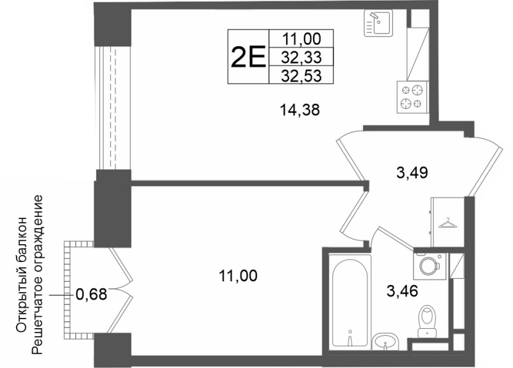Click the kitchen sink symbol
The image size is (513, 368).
coord(378,22)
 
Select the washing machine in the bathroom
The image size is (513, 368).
coord(430,266)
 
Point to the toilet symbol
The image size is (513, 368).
coord(428,321)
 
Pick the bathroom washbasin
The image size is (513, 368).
coord(385,342)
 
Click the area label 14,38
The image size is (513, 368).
coord(299,110)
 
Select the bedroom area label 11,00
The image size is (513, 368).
coord(238,276)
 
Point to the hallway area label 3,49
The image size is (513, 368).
coord(412,172)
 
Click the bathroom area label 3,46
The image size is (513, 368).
coord(402,291)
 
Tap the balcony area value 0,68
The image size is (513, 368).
coord(91,294)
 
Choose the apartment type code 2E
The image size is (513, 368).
coord(248,57)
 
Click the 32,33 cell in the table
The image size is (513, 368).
coord(301,58)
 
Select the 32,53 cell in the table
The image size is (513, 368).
coord(301,75)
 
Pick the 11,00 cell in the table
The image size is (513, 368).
coord(301,39)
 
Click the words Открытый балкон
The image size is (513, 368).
coord(21,275)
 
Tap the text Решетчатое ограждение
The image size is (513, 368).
coord(37,275)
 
